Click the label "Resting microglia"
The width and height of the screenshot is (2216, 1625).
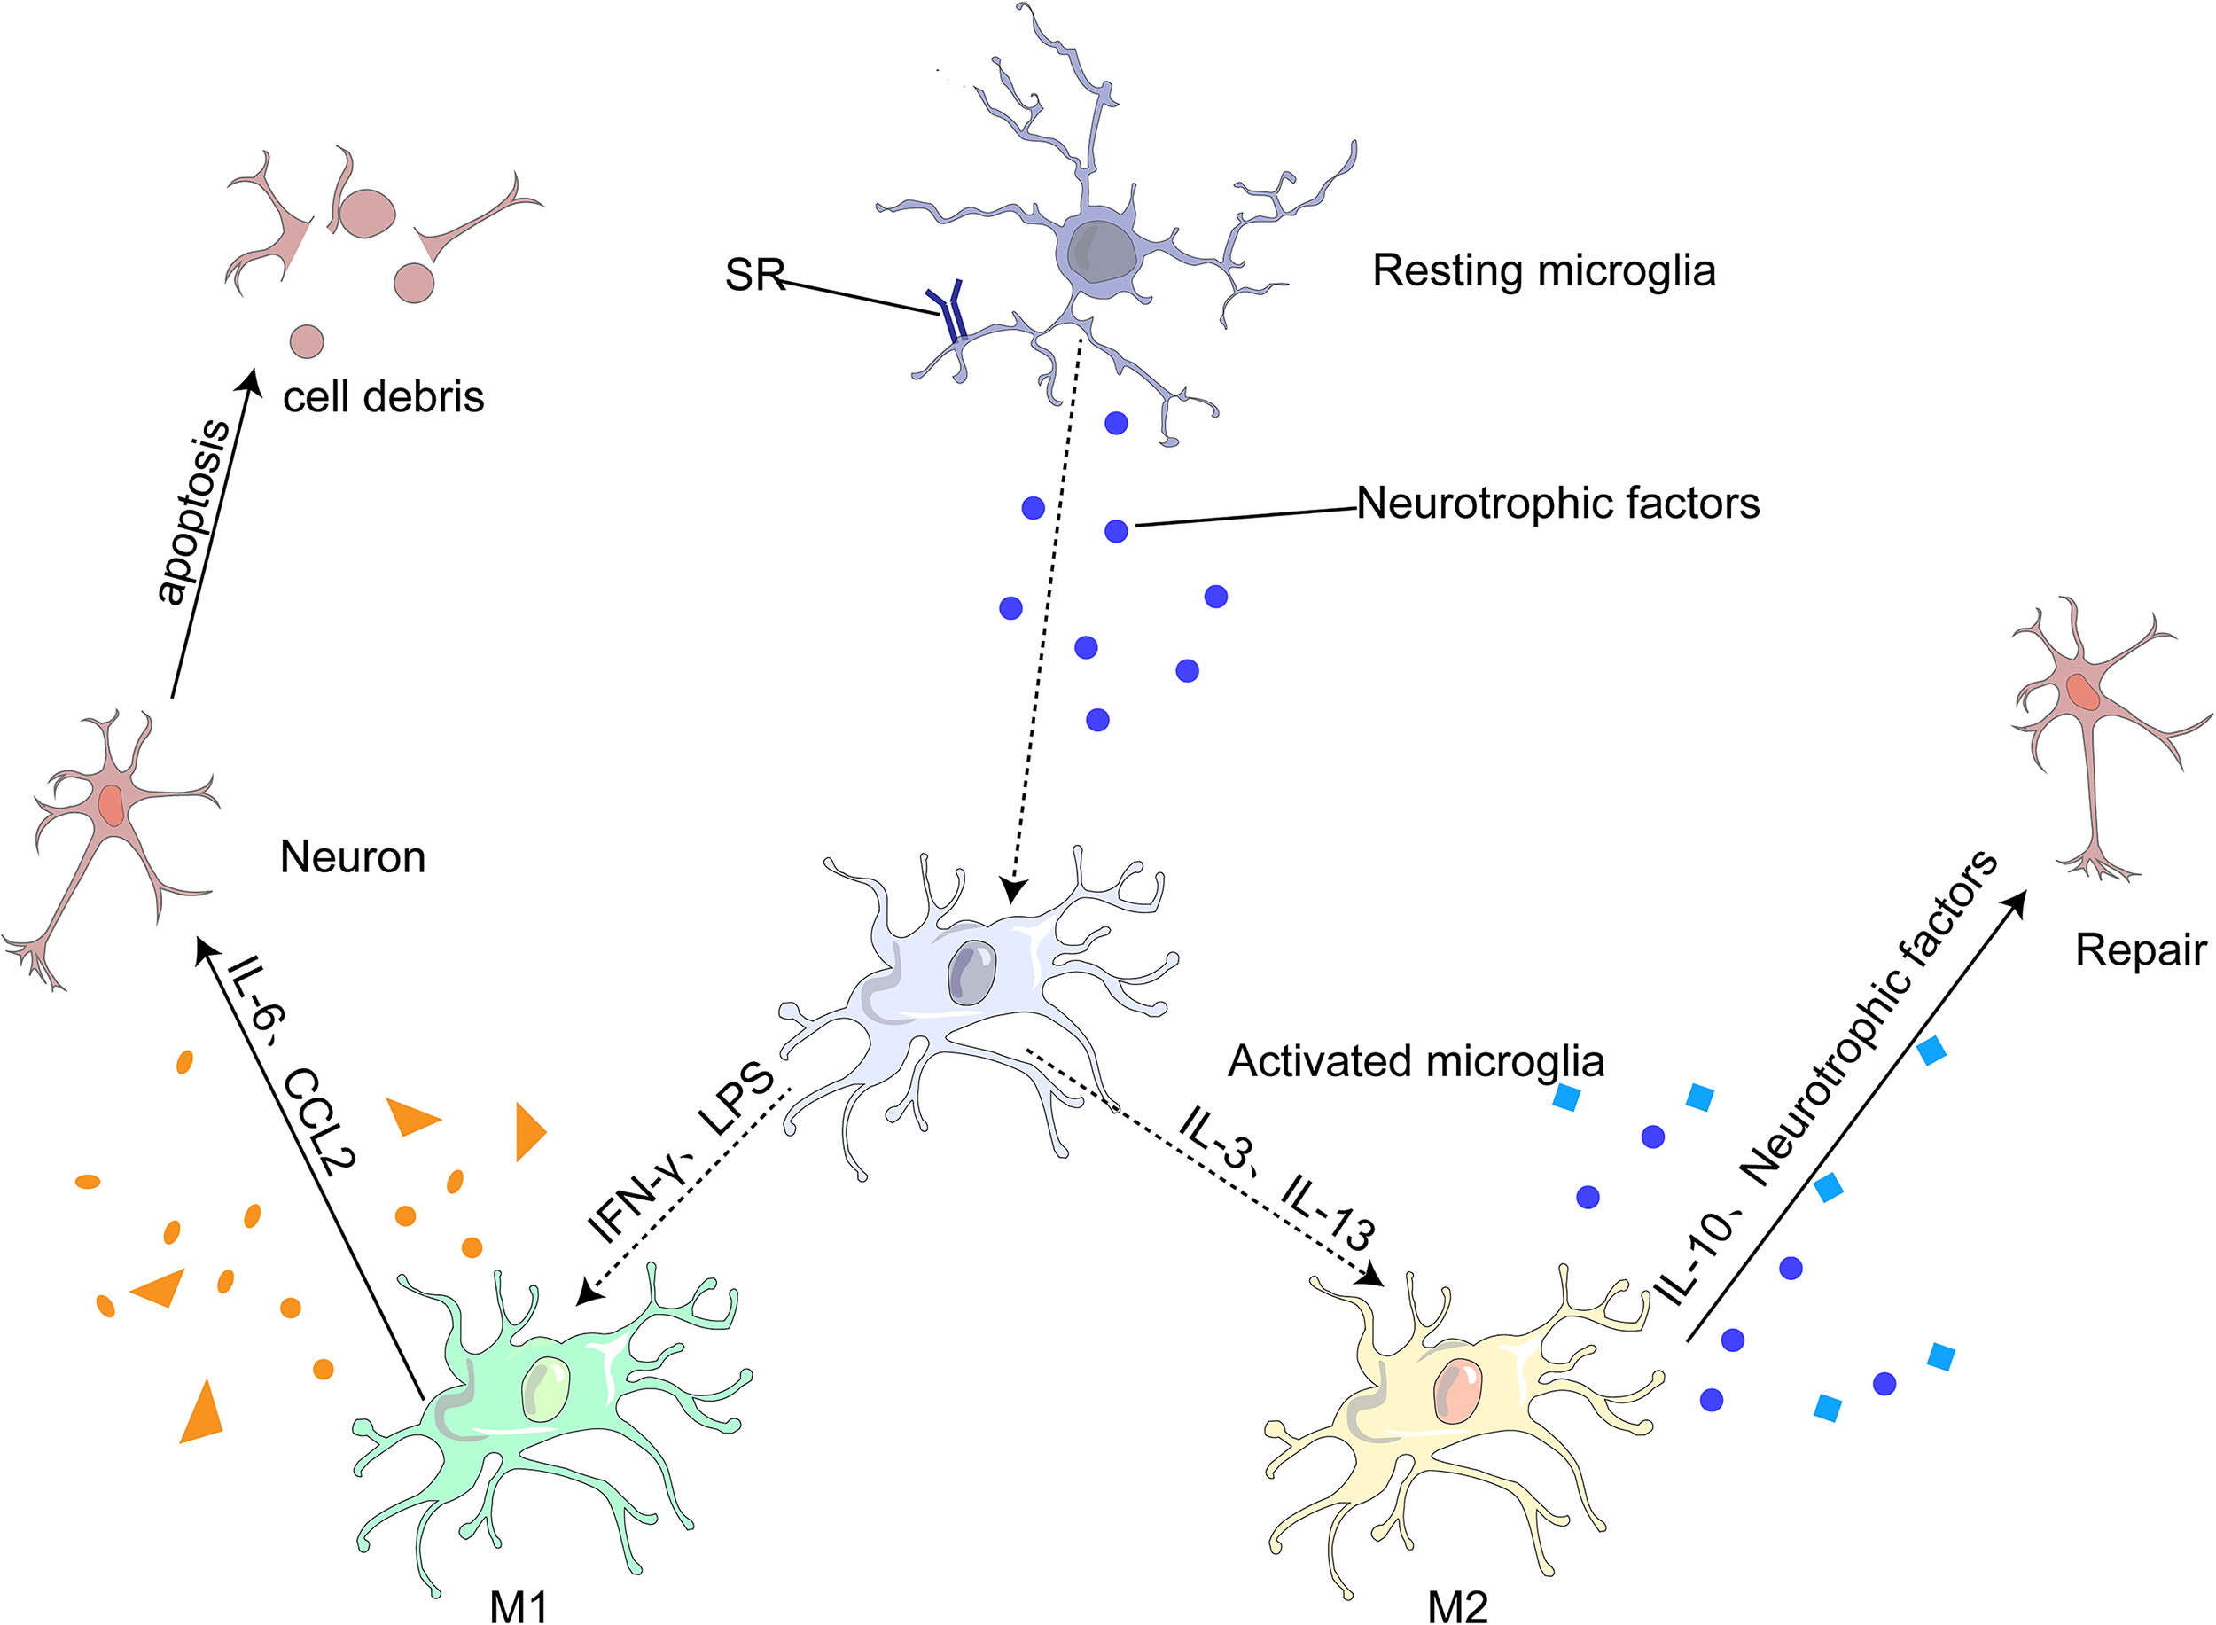[1543, 270]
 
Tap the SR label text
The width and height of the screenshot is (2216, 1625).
[754, 275]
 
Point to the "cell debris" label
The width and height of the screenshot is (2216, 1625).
[384, 397]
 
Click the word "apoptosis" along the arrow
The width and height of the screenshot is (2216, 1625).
[194, 511]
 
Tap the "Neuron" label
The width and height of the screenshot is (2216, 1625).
[352, 858]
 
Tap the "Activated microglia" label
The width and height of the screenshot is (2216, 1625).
[1416, 1061]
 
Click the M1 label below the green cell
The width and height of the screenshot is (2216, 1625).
[519, 1605]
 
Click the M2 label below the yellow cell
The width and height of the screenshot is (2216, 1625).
[1457, 1605]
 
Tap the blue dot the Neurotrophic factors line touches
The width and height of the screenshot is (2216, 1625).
[1115, 531]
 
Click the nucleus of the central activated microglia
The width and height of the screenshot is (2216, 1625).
[971, 972]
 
